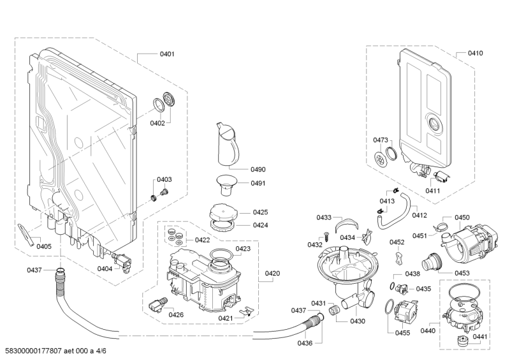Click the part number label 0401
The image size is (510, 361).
point(167,54)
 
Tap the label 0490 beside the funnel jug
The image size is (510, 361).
point(258,169)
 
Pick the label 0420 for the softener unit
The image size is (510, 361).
point(272,274)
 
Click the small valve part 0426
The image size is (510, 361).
point(157,304)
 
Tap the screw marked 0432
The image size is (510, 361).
point(326,236)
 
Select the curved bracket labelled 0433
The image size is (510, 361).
point(346,223)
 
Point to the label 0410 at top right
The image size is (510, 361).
point(475,53)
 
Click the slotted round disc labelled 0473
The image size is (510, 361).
point(379,159)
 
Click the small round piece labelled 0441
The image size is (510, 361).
point(461,341)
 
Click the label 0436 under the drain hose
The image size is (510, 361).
point(305,343)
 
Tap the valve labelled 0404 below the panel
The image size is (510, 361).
point(122,262)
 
